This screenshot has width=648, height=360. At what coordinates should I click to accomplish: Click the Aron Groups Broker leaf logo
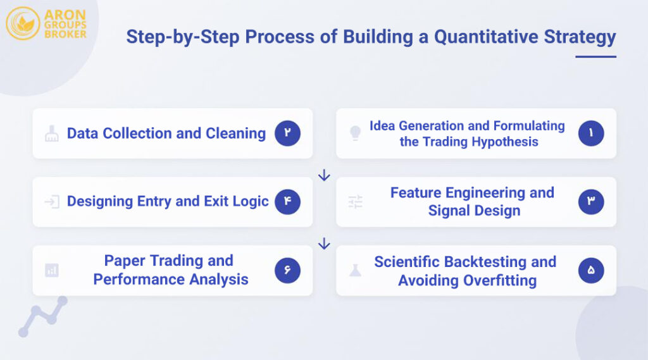point(23,23)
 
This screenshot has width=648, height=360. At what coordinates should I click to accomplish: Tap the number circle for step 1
point(591,133)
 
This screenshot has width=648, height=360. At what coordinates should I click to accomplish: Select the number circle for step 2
point(287,133)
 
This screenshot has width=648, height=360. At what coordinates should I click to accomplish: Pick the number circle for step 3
point(591,202)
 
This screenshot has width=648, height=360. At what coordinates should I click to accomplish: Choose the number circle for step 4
point(287,202)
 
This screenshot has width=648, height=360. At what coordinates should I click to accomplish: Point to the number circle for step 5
point(591,271)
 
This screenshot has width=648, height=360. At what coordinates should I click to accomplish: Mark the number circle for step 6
point(287,271)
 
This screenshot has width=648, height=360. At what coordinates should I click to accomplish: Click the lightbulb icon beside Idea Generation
point(356,133)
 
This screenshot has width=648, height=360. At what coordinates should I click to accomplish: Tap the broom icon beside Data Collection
point(52,133)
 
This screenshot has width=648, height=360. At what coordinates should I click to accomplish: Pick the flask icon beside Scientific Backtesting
point(356,271)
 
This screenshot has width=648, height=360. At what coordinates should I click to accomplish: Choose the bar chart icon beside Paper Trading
point(52,271)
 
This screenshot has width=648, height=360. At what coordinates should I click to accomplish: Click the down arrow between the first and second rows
point(324,175)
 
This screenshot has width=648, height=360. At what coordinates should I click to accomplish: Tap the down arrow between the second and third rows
point(324,244)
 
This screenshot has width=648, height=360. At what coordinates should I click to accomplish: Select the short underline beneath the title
point(595,57)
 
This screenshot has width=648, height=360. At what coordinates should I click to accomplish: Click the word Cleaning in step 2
point(235,133)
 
